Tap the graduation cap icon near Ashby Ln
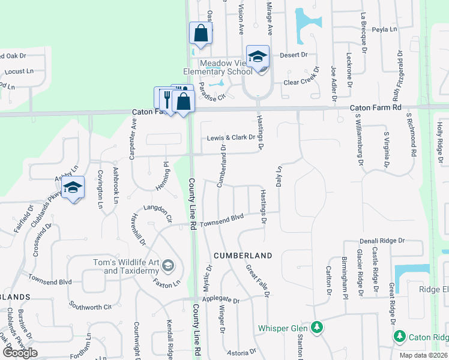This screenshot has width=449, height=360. tap(73, 188)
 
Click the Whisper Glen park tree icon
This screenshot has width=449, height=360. tap(316, 328)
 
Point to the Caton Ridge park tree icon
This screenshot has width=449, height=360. tap(399, 337)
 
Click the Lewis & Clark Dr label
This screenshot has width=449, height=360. tap(231, 137)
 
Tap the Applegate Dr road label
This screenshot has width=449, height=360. tap(220, 299)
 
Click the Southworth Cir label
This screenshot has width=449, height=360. tap(90, 306)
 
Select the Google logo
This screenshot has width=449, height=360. tap(20, 352)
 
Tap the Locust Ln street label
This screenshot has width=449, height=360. tap(18, 71)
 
